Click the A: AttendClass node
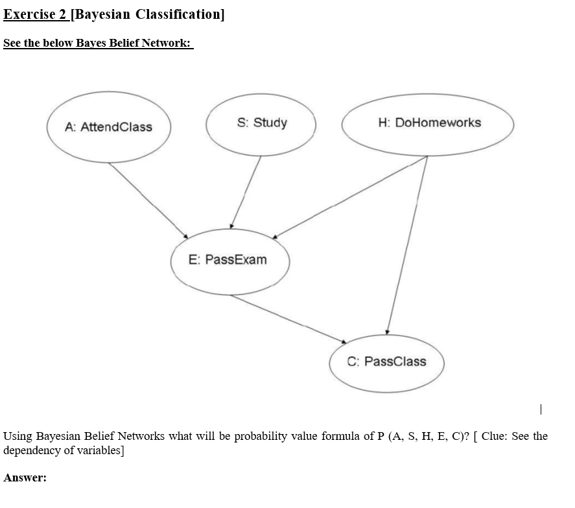tap(109, 127)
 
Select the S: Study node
tap(261, 123)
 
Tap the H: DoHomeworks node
tap(428, 123)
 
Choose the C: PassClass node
tap(386, 361)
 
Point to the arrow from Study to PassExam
tap(246, 191)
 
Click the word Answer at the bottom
tap(25, 478)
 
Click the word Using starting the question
tap(18, 436)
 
